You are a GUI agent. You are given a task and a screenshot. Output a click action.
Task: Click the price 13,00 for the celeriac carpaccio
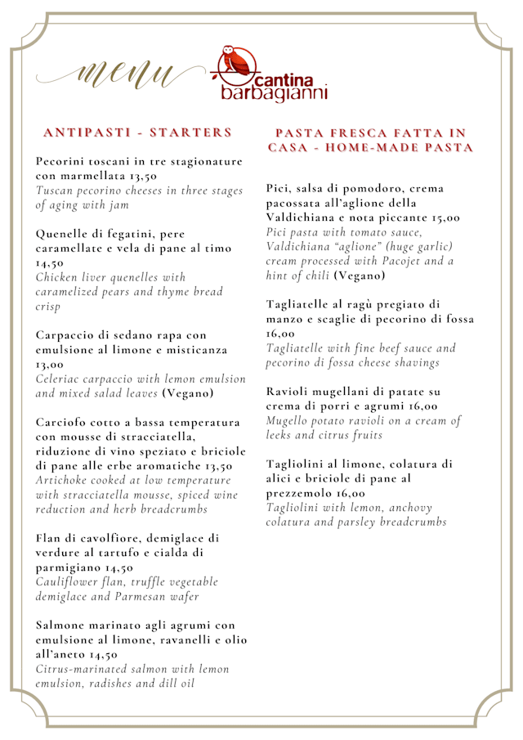click(x=50, y=364)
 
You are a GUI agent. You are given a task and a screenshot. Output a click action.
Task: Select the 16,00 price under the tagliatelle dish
click(x=280, y=334)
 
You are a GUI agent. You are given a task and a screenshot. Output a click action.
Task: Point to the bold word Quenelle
click(x=65, y=233)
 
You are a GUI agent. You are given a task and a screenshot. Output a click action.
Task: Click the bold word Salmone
click(x=63, y=625)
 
